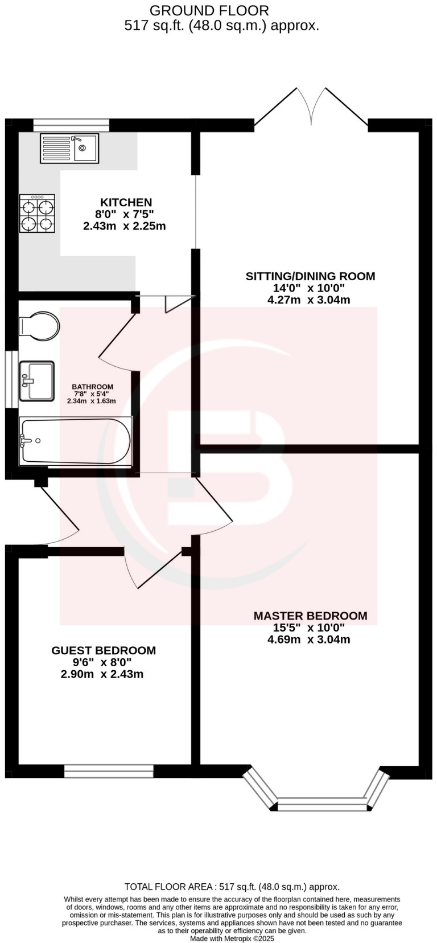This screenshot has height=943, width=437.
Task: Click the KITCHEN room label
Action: pos(126,202)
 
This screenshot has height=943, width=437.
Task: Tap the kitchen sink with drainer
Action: pos(69,148)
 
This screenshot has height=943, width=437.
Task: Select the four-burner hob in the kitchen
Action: pos(38,214)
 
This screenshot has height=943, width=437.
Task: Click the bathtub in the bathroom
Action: pos(75,441)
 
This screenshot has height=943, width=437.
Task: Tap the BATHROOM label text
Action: pos(92,387)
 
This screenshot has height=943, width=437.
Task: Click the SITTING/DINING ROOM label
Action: pos(310,276)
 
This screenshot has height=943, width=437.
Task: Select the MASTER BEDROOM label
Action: pos(310,616)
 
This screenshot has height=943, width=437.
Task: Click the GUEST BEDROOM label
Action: pos(104,650)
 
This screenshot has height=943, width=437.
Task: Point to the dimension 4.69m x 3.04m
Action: pos(308,639)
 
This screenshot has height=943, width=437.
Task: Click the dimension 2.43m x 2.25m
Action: pos(124,226)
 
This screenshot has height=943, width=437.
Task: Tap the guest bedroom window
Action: pos(109,771)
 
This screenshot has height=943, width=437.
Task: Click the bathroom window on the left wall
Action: pos(11,379)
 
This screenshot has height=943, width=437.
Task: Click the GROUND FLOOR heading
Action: pos(209,10)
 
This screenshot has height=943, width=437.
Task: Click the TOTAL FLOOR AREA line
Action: pos(232,887)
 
